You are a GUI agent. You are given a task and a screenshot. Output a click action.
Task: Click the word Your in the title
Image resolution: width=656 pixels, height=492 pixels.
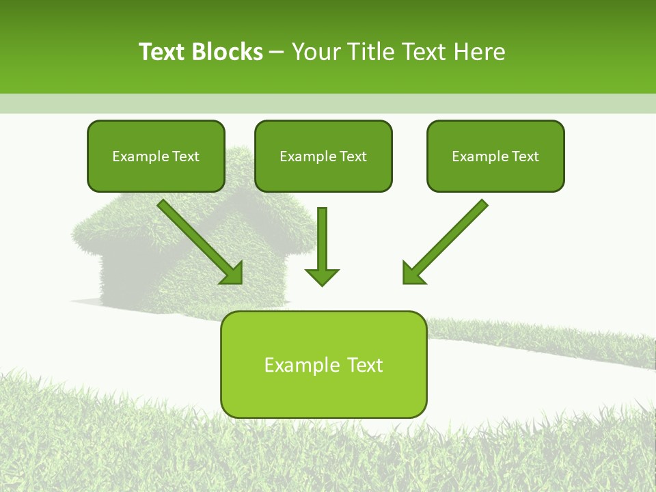click(x=314, y=52)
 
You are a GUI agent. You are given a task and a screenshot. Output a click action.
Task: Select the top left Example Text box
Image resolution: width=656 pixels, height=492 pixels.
click(x=156, y=156)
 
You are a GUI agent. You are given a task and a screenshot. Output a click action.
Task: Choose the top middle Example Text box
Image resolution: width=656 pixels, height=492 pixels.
click(x=323, y=156)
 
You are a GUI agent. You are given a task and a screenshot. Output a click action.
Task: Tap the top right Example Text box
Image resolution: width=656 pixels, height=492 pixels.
click(x=495, y=156)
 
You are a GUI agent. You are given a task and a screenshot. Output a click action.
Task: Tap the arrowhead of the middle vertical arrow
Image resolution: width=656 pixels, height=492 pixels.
click(x=322, y=277)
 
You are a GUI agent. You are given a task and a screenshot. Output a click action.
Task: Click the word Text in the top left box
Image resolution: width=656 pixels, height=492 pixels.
click(x=186, y=156)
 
